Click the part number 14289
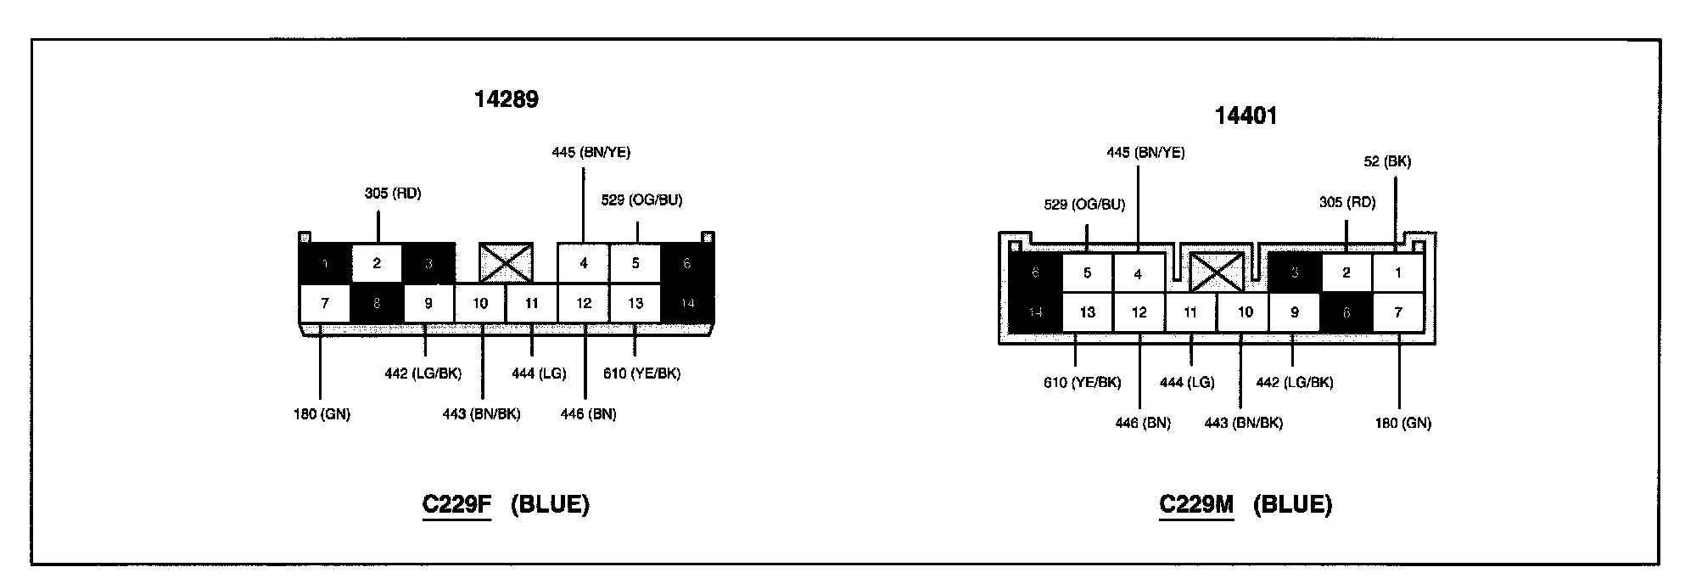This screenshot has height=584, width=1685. click(506, 99)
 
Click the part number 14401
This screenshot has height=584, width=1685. click(1246, 115)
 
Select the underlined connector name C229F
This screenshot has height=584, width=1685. click(456, 504)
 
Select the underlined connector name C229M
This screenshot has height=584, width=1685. click(1195, 504)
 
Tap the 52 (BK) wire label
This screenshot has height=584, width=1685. click(1387, 161)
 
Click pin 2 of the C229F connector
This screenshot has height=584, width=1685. click(377, 263)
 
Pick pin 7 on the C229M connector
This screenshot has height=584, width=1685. click(1398, 312)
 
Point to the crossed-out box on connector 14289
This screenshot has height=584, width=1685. click(506, 262)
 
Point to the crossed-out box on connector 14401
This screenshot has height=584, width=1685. click(1216, 272)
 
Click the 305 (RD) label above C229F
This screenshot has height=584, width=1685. click(393, 194)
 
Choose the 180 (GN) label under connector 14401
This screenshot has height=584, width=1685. click(1402, 423)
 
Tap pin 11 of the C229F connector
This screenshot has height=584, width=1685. click(532, 303)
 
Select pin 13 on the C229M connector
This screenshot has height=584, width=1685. click(1087, 312)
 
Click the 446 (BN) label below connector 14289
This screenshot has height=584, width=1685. click(588, 414)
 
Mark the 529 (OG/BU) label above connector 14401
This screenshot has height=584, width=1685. click(1084, 205)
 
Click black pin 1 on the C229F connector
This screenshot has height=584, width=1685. click(325, 263)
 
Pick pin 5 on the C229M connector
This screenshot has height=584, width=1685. click(1087, 273)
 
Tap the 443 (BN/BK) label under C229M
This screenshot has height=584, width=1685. click(1243, 423)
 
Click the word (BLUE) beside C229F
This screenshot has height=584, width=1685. click(550, 504)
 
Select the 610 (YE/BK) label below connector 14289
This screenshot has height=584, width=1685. click(641, 373)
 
